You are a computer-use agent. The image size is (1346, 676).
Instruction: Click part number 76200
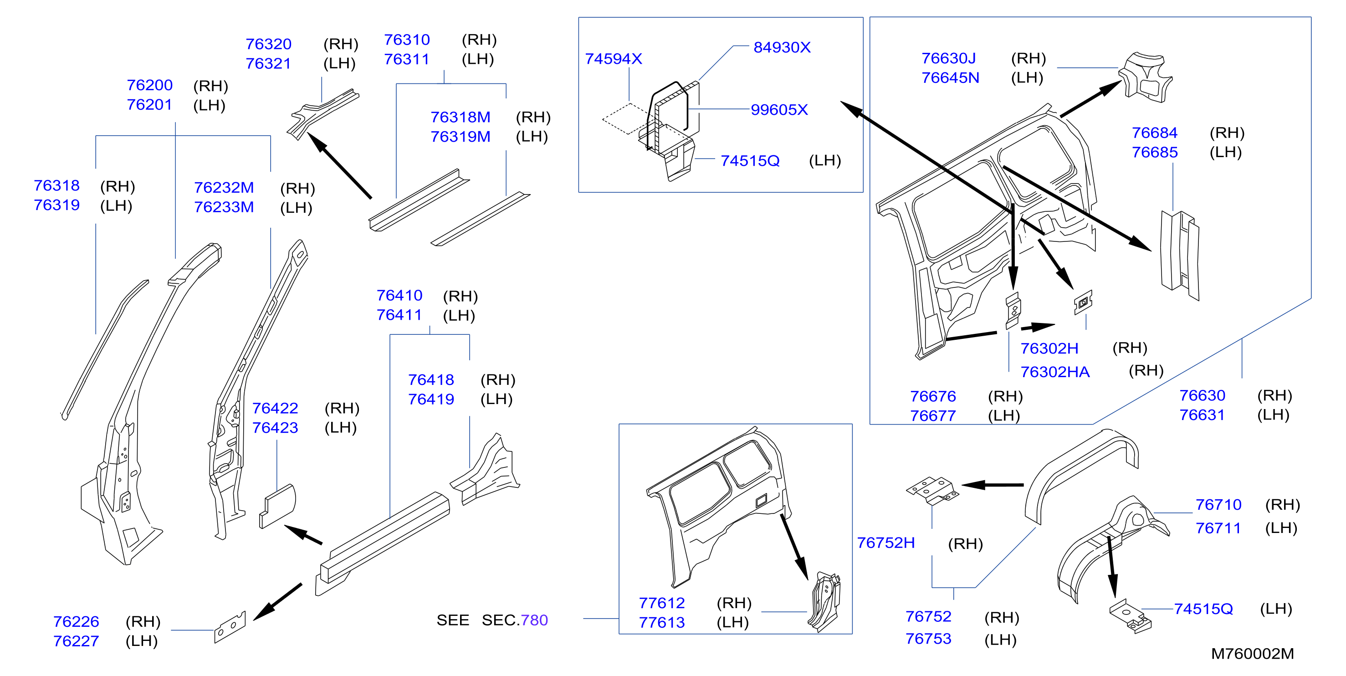point(149,85)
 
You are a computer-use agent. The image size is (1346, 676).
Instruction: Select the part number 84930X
point(782,47)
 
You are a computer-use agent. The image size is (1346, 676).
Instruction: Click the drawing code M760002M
point(1253,654)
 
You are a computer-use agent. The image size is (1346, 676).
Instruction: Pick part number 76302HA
point(1055,372)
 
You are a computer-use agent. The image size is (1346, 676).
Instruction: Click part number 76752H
point(885,543)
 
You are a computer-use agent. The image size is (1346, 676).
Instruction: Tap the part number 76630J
point(948,58)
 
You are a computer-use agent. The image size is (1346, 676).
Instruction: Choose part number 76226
point(76,622)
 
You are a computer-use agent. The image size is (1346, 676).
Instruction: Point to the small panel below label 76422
point(277,506)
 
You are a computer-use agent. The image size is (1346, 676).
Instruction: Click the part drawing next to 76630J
point(1145,76)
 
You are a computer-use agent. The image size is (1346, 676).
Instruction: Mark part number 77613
point(661,623)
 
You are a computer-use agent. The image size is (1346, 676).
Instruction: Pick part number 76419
point(431,399)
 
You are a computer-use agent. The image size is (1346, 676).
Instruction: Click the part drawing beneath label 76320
point(322,113)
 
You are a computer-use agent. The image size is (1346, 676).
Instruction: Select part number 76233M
point(224,207)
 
